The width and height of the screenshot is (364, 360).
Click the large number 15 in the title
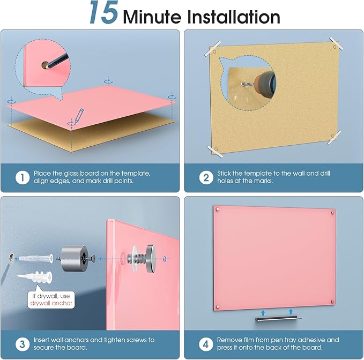click(104, 12)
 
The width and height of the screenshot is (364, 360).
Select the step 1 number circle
click(23, 178)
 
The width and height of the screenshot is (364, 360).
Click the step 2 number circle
click(206, 178)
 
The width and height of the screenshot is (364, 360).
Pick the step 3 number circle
click(23, 344)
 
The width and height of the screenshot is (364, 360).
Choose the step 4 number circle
click(206, 344)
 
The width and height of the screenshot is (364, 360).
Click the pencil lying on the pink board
click(78, 116)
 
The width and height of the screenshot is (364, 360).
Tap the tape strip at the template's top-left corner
click(212, 49)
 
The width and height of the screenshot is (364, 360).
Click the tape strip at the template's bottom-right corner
click(334, 137)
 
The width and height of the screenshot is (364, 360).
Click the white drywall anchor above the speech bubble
click(35, 277)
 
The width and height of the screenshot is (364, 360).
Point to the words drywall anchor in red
click(51, 303)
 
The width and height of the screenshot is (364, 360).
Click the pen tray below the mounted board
click(279, 318)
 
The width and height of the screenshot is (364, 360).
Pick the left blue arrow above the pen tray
click(263, 312)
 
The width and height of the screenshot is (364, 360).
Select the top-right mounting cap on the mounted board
click(333, 212)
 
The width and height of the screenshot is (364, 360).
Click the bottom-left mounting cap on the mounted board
click(218, 306)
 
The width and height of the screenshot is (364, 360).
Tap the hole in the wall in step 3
click(11, 258)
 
